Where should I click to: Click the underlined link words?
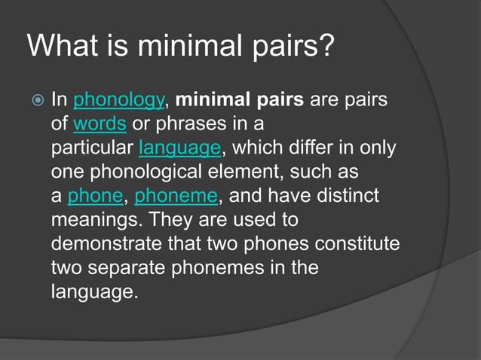tap(100, 123)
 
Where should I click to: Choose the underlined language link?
tap(179, 147)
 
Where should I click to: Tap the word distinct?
tap(348, 196)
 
